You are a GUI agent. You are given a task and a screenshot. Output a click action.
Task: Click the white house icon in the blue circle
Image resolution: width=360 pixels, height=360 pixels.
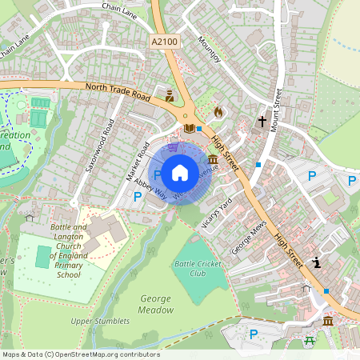pos(180,172)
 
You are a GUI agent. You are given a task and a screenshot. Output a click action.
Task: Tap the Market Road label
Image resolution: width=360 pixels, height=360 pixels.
pos(138,161)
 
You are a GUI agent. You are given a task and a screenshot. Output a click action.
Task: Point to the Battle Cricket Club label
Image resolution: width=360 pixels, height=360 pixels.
pos(196,268)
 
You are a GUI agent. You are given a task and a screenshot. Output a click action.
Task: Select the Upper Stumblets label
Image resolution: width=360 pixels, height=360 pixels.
pos(100,321)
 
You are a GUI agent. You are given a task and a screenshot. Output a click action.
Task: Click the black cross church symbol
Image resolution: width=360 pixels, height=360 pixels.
pos(261,122)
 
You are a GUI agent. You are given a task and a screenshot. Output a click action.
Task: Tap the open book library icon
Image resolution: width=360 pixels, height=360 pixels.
pos(189,127)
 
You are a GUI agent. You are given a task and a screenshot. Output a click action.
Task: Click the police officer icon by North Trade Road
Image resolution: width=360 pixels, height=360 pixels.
pos(170,95)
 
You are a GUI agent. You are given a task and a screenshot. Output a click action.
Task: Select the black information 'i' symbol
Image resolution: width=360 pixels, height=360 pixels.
pos(318,262)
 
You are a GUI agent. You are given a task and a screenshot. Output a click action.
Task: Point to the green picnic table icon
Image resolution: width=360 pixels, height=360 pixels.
pos(310,341)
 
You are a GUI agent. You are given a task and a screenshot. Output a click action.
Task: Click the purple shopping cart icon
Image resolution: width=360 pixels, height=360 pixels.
pos(172,138)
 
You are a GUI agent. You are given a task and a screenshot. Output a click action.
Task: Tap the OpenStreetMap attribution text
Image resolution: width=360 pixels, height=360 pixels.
pos(81,354)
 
